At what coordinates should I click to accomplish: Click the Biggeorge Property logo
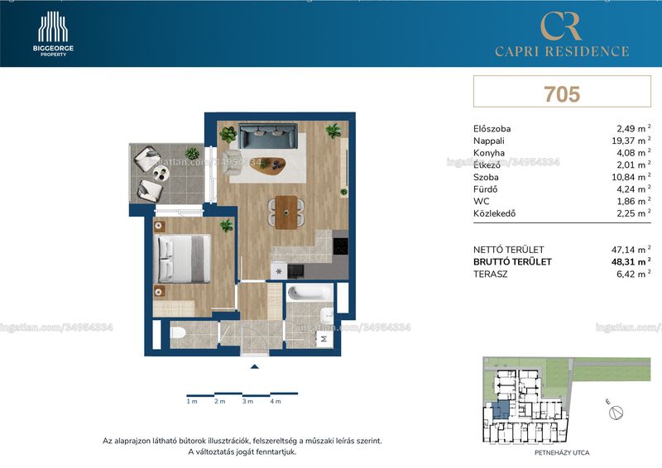point(53,34)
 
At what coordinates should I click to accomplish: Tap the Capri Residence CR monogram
point(561,26)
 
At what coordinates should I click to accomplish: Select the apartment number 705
point(562,93)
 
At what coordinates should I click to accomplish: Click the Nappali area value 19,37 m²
point(631,141)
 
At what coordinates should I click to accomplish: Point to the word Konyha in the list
point(489,153)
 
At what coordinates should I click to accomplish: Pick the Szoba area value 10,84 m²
point(631,177)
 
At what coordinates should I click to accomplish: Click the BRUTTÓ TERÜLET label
point(512,261)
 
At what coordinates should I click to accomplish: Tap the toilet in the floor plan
point(178,333)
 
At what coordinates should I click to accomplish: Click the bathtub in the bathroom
point(309,292)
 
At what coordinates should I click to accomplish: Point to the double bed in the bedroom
point(184,258)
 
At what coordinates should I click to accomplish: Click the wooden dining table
point(286,212)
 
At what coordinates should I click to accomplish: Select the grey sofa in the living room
point(267,136)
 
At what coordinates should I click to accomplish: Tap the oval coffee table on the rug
point(267,165)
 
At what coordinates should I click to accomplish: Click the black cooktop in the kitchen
point(340,246)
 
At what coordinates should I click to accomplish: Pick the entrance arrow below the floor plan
point(254,367)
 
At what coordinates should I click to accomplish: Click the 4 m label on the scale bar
point(276,401)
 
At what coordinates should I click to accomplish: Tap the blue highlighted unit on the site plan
point(501,409)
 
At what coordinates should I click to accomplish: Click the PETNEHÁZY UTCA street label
point(562,453)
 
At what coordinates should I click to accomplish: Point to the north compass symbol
point(616,413)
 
